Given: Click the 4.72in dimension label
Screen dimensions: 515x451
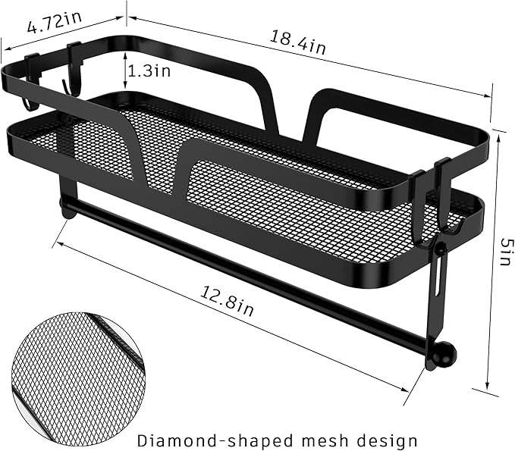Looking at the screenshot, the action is [55, 22].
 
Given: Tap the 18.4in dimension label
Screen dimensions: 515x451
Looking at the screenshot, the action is [298, 42].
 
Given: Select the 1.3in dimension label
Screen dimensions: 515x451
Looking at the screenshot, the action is [149, 70].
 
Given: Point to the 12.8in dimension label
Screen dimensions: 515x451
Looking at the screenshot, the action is [227, 301].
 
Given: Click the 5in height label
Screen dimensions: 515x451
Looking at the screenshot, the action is [506, 252].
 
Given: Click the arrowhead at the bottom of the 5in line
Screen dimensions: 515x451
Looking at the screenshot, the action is [488, 384].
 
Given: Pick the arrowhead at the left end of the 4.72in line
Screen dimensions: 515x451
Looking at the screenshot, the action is [8, 49].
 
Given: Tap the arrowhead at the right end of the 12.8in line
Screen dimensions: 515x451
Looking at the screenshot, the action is [404, 390].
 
